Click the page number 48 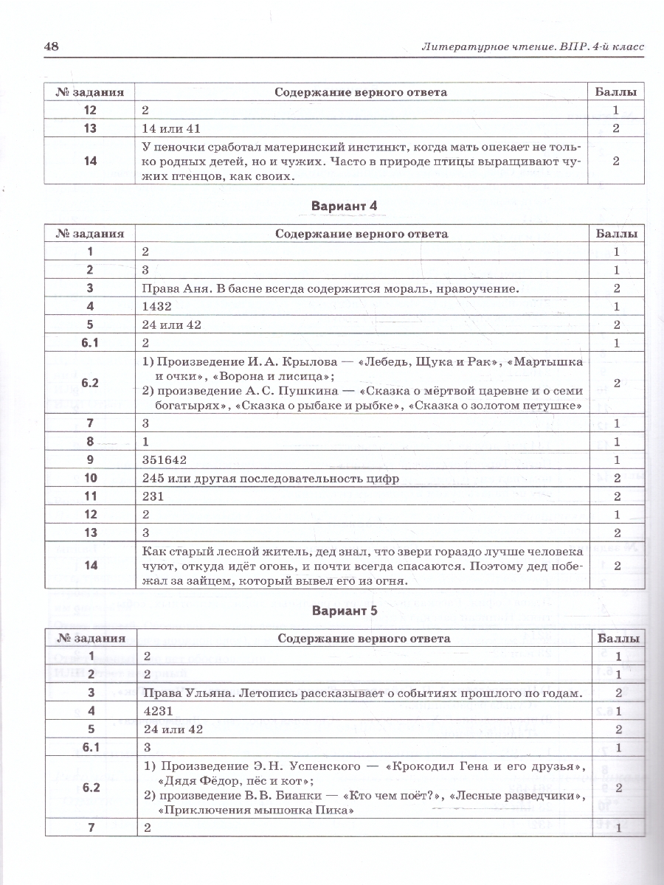[x=51, y=46]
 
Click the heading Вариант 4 [x=344, y=206]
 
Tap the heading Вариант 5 [x=344, y=611]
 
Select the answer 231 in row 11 [x=152, y=497]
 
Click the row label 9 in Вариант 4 [x=89, y=460]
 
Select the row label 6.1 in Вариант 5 [x=89, y=747]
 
